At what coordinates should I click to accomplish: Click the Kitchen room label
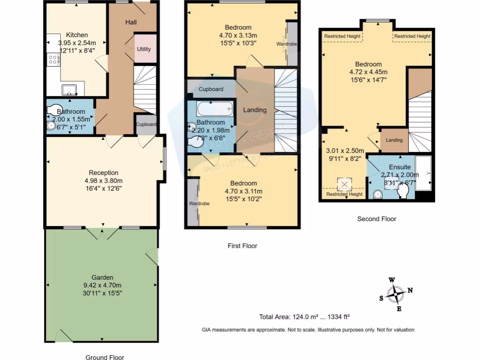tap(77, 35)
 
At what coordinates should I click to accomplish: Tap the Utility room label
tap(144, 49)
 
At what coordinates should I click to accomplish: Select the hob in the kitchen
tap(53, 60)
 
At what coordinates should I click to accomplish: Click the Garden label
tap(102, 277)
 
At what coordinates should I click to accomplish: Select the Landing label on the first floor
tap(255, 110)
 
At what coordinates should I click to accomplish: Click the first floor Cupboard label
tap(211, 89)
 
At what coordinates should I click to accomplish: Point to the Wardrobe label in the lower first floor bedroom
tap(199, 203)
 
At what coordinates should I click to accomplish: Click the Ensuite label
tap(399, 167)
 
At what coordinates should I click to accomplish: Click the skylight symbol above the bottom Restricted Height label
tap(345, 182)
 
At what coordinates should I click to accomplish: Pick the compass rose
tap(397, 294)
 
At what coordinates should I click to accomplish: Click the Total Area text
tap(305, 316)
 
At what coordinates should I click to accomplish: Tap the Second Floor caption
tap(376, 219)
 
